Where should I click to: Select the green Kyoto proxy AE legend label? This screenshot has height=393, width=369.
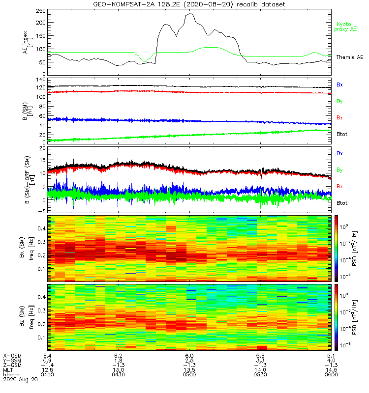[346, 27]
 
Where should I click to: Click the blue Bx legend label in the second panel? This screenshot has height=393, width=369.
[339, 84]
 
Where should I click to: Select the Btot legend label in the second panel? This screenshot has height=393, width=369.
[341, 134]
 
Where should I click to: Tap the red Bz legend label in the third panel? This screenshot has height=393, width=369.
[339, 187]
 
